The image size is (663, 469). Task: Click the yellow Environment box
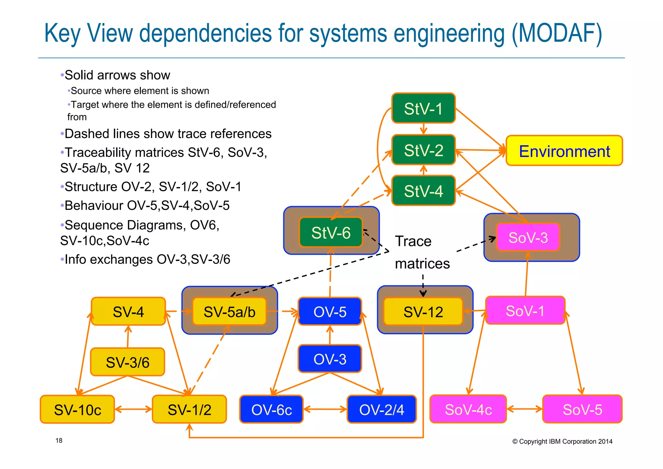coord(564,151)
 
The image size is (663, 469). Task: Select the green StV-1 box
coord(423,108)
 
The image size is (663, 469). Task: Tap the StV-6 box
coord(331,232)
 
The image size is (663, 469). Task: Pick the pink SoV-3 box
coord(528,237)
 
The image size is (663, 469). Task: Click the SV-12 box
coord(423,312)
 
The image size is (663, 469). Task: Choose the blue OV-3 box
coord(330,359)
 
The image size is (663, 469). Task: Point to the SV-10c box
coord(77,409)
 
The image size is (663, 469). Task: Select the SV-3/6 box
coord(128,362)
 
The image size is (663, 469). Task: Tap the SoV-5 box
coord(582,409)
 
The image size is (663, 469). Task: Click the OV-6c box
coord(271,409)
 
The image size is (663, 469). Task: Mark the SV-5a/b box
coord(229,312)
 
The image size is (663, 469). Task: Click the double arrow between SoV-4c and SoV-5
coord(524,409)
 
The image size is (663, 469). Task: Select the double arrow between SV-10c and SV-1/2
coord(133,409)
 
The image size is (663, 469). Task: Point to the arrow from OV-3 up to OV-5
coord(330,335)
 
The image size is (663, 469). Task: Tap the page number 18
coord(59,440)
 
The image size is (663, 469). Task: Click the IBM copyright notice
coord(562,441)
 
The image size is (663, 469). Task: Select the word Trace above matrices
coord(413,241)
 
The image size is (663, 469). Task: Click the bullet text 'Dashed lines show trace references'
coord(168,134)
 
